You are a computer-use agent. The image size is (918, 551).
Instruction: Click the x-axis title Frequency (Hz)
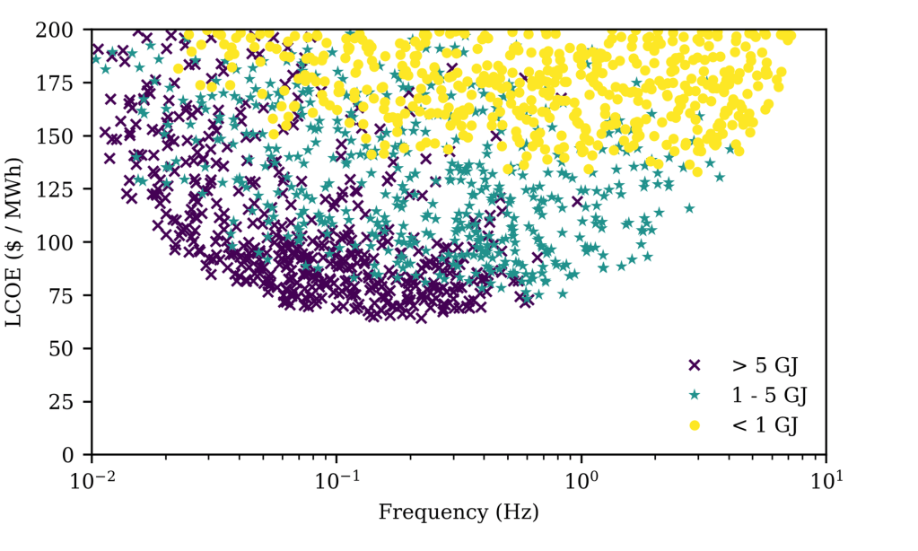459,513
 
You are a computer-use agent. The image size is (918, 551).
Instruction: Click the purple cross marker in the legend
693,365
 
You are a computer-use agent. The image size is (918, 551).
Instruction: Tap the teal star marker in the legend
693,395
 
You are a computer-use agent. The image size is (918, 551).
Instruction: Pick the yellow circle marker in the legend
693,424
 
